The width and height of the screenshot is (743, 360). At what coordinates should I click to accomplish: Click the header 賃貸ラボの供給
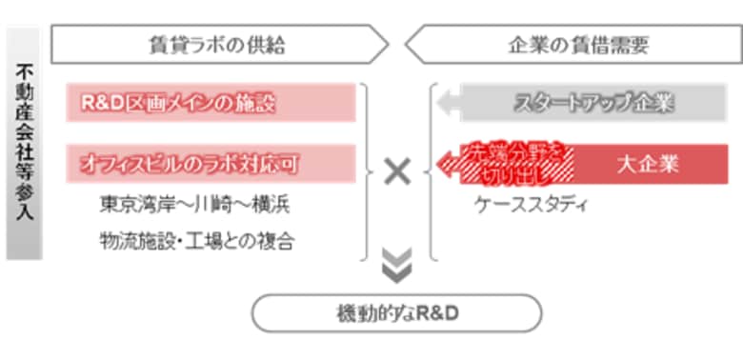(217, 44)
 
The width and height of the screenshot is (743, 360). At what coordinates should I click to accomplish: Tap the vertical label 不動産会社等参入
(25, 143)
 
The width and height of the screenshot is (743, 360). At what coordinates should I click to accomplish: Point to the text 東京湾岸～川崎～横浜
(194, 205)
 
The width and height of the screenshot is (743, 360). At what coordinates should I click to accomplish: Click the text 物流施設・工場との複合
(195, 240)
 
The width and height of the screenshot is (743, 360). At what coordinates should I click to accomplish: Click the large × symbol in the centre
(397, 171)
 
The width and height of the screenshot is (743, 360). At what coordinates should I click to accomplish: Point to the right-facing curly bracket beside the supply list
(368, 171)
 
